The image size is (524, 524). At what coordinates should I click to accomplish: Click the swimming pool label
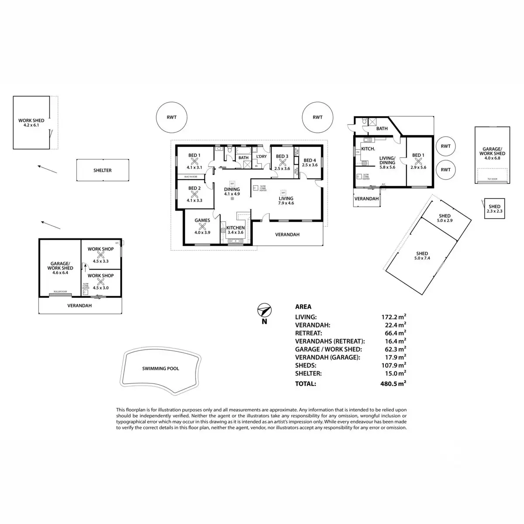[x=160, y=369]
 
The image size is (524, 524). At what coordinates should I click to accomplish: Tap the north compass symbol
[x=264, y=311]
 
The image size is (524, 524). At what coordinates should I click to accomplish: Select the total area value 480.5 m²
[x=393, y=384]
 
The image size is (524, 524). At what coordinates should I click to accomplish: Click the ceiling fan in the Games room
[x=202, y=226]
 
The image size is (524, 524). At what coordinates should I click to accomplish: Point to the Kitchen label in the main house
[x=236, y=228]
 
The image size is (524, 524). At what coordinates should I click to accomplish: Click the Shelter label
[x=103, y=170]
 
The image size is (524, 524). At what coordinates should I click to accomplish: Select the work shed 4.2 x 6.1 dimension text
[x=31, y=125]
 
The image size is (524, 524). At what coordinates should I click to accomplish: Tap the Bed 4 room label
[x=310, y=160]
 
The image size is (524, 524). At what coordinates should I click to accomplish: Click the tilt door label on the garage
[x=492, y=179]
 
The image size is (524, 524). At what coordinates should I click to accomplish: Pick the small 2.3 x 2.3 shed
[x=494, y=209]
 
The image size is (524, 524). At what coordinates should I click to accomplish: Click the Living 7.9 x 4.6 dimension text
[x=286, y=203]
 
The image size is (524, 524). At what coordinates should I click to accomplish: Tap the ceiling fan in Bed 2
[x=194, y=194]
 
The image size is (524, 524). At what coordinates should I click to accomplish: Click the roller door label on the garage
[x=60, y=291]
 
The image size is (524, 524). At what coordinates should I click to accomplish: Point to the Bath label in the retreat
[x=382, y=129]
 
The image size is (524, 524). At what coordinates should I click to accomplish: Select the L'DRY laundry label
[x=261, y=157]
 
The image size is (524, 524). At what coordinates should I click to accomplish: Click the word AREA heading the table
[x=303, y=307]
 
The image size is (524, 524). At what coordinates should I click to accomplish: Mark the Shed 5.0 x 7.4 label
[x=422, y=256]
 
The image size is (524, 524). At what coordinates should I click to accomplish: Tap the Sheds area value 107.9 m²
[x=393, y=365]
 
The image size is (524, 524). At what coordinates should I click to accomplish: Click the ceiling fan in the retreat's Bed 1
[x=418, y=161]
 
